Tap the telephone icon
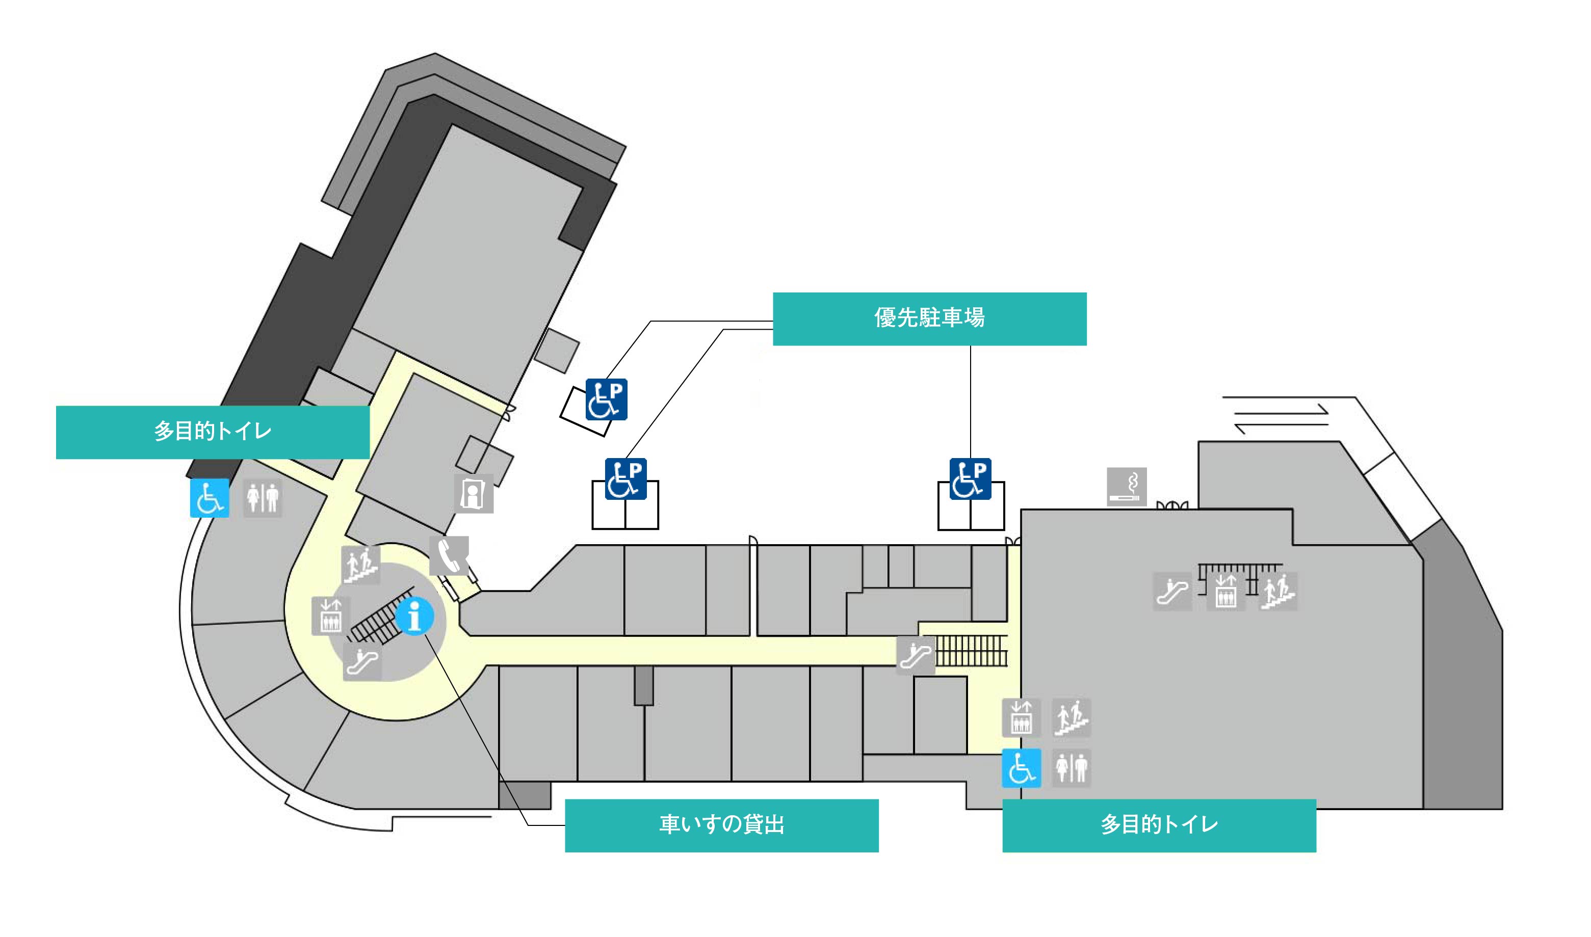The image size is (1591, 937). [x=449, y=556]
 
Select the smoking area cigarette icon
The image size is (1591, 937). [x=1127, y=486]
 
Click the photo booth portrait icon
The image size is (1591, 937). [x=473, y=494]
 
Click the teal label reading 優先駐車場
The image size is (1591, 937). [x=929, y=318]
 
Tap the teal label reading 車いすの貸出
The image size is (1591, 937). [x=721, y=825]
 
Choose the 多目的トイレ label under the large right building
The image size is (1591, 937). [x=1159, y=825]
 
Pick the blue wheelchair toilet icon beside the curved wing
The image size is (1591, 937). [x=210, y=498]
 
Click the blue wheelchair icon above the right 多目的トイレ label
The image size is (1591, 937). [x=1021, y=768]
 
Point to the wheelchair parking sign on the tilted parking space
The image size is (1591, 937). [x=606, y=399]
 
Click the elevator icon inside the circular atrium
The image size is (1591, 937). [x=330, y=615]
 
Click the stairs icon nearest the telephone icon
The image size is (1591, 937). [x=360, y=565]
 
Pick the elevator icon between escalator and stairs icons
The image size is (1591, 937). [x=1225, y=592]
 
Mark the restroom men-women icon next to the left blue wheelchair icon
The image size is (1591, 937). [x=263, y=498]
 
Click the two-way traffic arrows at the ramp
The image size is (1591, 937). [x=1282, y=419]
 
